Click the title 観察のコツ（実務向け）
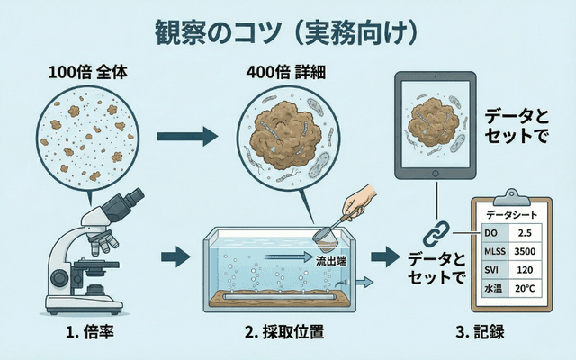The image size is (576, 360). click(x=288, y=31)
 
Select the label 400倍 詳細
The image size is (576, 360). click(x=285, y=75)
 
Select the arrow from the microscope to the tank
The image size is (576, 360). click(x=177, y=257)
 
